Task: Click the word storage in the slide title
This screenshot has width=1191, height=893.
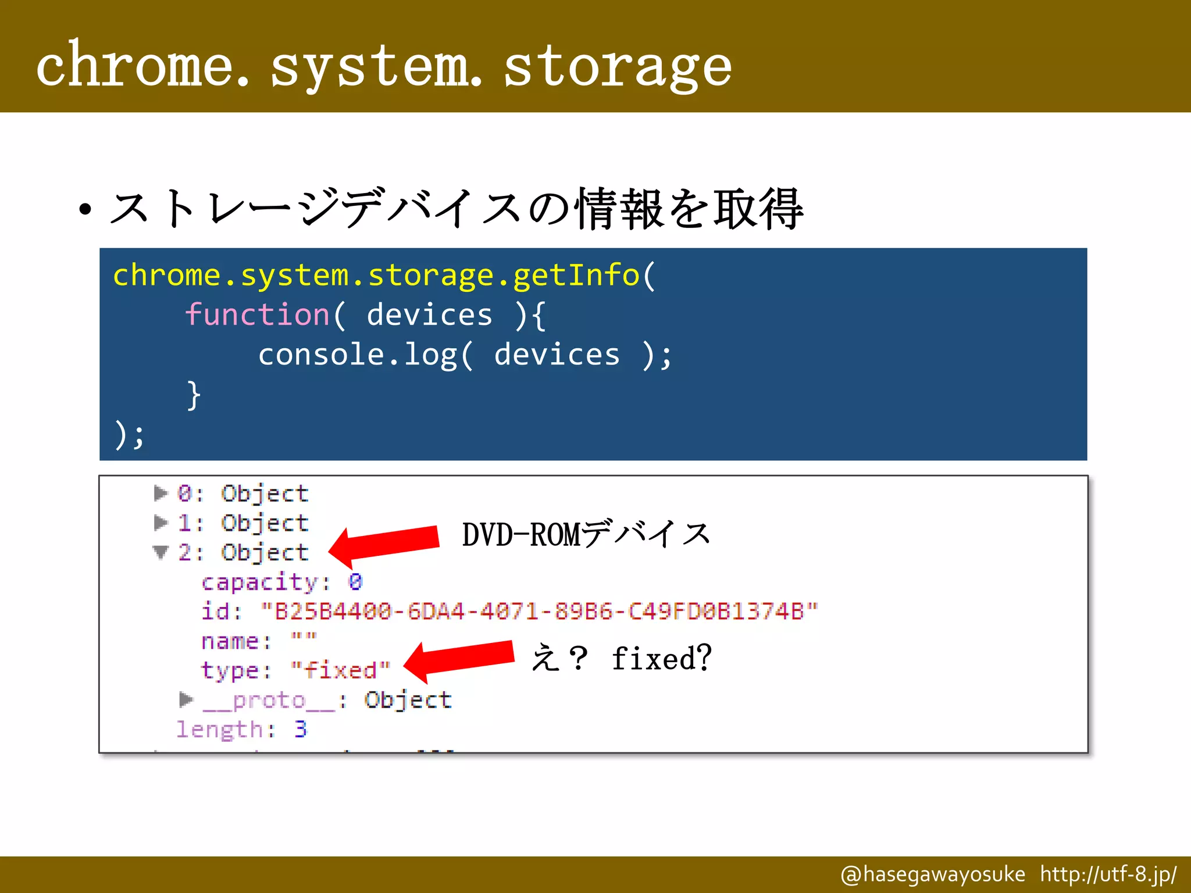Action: (618, 67)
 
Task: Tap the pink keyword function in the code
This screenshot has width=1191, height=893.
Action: (258, 315)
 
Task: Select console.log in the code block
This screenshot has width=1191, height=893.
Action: (358, 355)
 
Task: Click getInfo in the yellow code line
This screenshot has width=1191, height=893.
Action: (576, 274)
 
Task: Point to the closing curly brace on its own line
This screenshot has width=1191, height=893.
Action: (194, 395)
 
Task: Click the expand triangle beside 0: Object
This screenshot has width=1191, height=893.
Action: (160, 494)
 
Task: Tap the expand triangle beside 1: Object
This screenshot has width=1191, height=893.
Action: (160, 523)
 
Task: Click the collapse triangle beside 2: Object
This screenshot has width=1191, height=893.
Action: (161, 552)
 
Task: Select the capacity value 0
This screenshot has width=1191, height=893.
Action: (355, 581)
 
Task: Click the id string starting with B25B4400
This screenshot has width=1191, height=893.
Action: (539, 611)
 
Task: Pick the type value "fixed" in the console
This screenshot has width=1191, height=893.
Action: (340, 670)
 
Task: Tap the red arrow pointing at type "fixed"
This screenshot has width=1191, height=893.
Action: (459, 660)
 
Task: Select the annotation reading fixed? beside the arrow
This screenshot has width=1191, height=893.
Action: (661, 659)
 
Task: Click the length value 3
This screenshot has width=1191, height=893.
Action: (300, 729)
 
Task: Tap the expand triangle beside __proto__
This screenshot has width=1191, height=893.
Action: (186, 699)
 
